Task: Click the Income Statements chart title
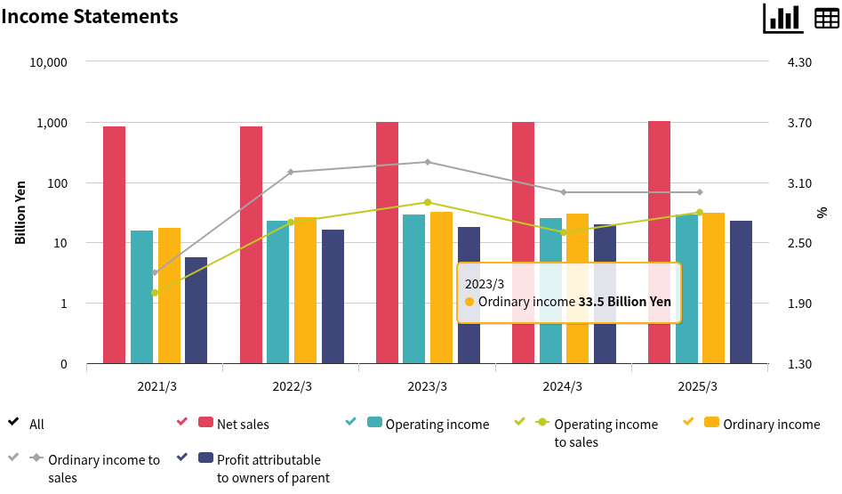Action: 90,16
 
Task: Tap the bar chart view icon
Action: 782,18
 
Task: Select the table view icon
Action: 827,18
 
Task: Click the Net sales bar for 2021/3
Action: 114,245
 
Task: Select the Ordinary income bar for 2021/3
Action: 169,296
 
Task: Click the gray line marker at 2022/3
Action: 291,172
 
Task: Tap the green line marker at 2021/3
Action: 155,293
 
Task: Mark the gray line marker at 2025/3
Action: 700,192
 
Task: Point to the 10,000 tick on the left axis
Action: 49,62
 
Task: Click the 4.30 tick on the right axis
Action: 800,62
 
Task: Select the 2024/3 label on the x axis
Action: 564,386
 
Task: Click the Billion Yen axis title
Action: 20,213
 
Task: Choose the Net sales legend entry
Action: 243,425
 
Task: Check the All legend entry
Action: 36,425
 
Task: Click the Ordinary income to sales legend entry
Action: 104,468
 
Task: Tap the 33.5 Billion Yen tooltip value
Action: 624,302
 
